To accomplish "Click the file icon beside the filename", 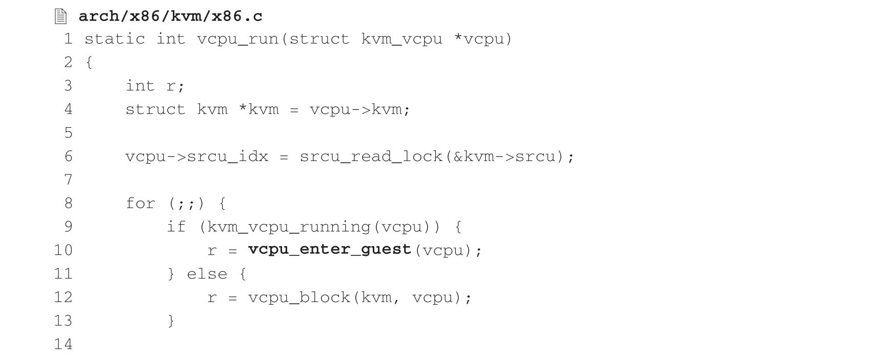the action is click(x=61, y=17).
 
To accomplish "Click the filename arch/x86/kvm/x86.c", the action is click(x=171, y=16).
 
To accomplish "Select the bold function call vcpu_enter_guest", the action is click(x=330, y=250).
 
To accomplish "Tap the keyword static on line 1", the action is click(x=115, y=39).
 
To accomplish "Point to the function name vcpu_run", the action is click(x=238, y=39).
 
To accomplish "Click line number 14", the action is click(x=64, y=344).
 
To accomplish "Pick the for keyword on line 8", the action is click(x=140, y=204).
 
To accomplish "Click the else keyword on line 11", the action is click(x=207, y=273).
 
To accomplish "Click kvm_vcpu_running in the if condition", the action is click(x=289, y=227).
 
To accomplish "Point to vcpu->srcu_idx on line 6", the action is click(x=197, y=156).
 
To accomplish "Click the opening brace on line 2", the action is click(x=89, y=63).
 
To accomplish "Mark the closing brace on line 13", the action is click(x=171, y=321).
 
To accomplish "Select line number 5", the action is click(x=68, y=133).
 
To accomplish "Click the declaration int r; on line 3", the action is click(x=155, y=86).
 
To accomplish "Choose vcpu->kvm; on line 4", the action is click(x=360, y=109).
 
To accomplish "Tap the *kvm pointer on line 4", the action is click(x=259, y=109).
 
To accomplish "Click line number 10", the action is click(x=64, y=250).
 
